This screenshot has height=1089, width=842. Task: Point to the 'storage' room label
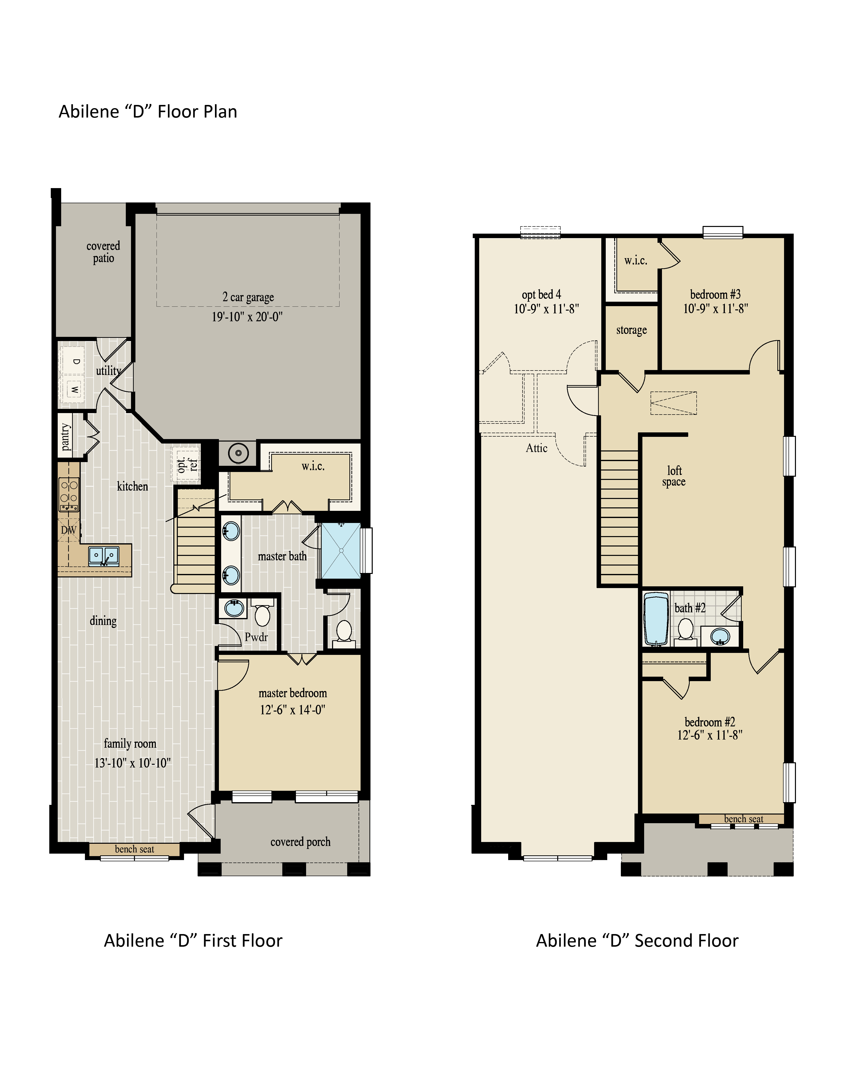click(x=631, y=330)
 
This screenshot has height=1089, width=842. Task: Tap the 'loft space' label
click(x=674, y=476)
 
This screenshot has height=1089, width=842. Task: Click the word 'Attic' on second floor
click(x=537, y=448)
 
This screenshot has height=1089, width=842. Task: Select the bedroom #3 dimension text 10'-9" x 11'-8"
click(x=715, y=309)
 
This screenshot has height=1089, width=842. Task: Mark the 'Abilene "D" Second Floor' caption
click(x=637, y=940)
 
